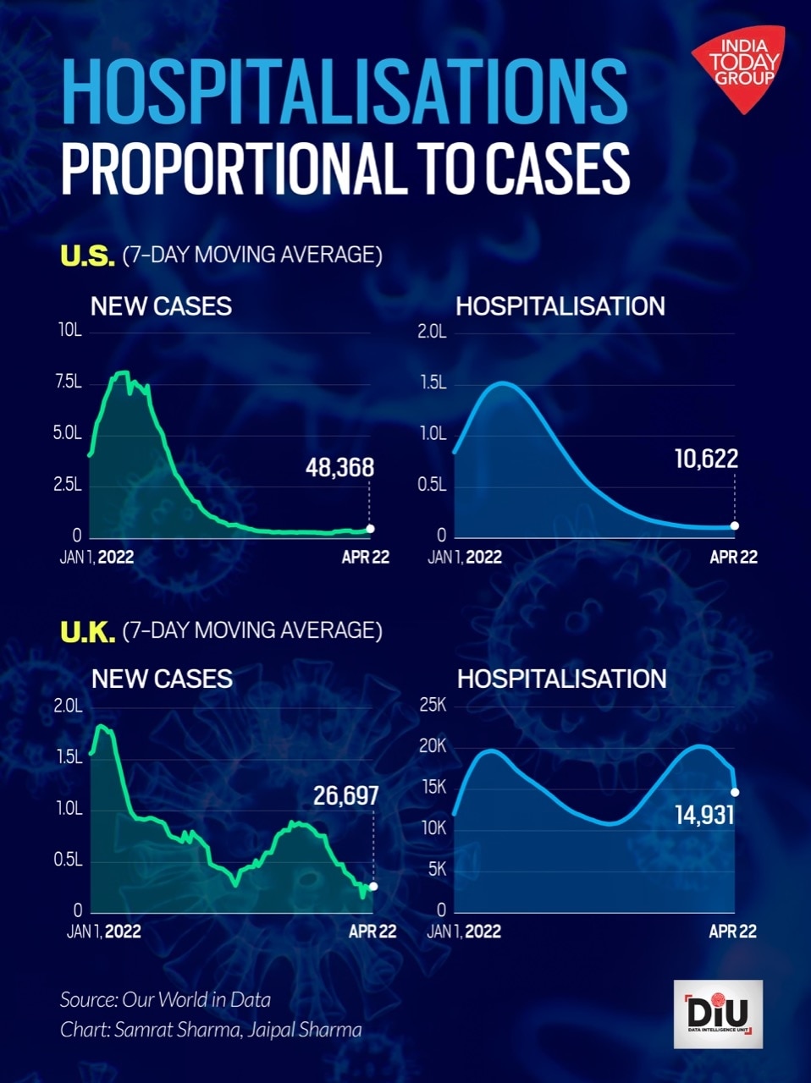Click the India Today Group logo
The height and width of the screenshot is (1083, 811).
[737, 67]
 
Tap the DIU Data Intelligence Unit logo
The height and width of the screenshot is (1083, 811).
[718, 1014]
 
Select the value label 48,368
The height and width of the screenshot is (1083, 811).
[339, 467]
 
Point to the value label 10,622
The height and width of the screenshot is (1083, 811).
[706, 459]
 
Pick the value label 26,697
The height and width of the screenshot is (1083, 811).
[345, 795]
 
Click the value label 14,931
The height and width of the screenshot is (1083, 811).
[704, 815]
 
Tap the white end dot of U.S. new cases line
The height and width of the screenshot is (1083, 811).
[370, 529]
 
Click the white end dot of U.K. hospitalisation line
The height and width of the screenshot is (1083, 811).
[735, 792]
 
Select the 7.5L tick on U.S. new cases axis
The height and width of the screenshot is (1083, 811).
[68, 382]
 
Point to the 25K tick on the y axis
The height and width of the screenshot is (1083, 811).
[433, 706]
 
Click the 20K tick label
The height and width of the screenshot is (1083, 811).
[433, 746]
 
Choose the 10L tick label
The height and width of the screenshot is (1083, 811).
[69, 330]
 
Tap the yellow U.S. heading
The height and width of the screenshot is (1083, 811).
[87, 256]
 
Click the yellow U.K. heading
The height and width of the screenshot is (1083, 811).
[87, 631]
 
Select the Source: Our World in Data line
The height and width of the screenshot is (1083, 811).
[165, 999]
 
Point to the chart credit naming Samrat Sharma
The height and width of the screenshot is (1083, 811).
[211, 1030]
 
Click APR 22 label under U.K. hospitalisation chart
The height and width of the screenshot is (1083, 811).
[732, 931]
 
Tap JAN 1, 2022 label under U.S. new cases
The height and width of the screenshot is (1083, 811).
[97, 557]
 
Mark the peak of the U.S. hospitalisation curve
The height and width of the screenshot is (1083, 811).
[504, 383]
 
